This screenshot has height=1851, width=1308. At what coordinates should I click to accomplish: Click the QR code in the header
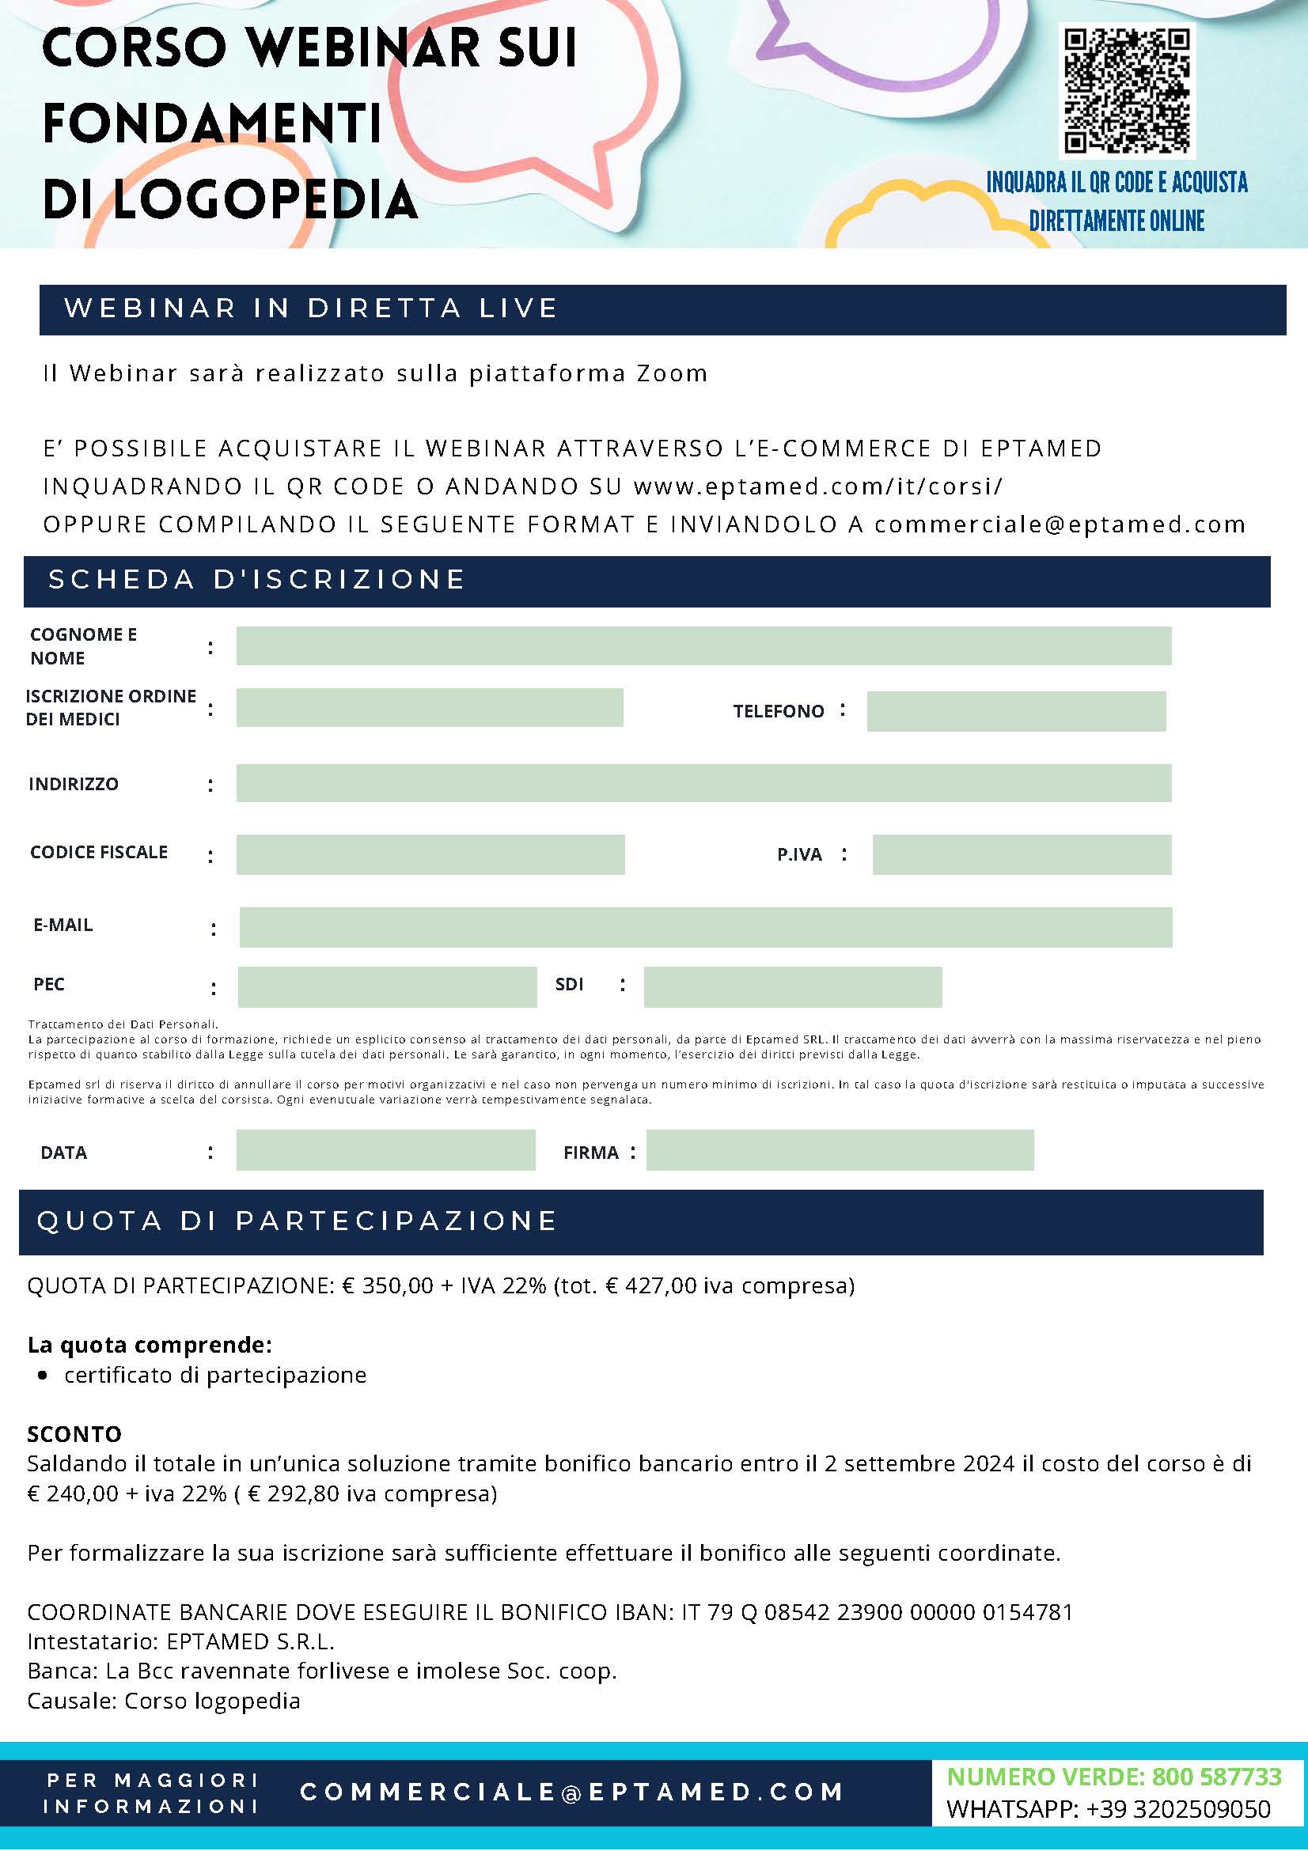pyautogui.click(x=1127, y=91)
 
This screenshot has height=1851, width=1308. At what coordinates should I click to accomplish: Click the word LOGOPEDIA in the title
pyautogui.click(x=265, y=200)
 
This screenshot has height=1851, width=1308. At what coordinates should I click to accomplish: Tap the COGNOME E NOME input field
pyautogui.click(x=703, y=645)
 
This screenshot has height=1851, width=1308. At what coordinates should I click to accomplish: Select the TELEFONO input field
pyautogui.click(x=1016, y=711)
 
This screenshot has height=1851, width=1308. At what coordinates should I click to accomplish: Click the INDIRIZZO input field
pyautogui.click(x=703, y=784)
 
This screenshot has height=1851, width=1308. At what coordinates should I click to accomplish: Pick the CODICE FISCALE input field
pyautogui.click(x=430, y=854)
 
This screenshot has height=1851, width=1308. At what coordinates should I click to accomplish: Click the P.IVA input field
pyautogui.click(x=1022, y=854)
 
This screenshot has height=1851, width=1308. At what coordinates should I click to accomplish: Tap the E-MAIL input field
pyautogui.click(x=706, y=927)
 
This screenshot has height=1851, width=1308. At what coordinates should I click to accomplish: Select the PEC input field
pyautogui.click(x=387, y=986)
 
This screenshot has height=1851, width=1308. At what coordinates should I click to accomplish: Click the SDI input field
pyautogui.click(x=793, y=986)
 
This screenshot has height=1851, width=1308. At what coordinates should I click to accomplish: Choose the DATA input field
pyautogui.click(x=385, y=1150)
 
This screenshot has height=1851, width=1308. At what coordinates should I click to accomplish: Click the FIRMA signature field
pyautogui.click(x=840, y=1150)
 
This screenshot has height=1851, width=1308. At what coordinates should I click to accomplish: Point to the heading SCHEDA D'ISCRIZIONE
pyautogui.click(x=257, y=580)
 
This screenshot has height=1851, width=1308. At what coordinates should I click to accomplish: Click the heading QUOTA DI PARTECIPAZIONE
pyautogui.click(x=297, y=1221)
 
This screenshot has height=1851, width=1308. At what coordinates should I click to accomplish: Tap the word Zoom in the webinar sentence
pyautogui.click(x=672, y=373)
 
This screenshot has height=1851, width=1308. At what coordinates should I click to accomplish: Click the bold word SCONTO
pyautogui.click(x=74, y=1434)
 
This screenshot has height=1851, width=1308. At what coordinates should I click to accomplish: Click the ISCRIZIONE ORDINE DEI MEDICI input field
pyautogui.click(x=430, y=708)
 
